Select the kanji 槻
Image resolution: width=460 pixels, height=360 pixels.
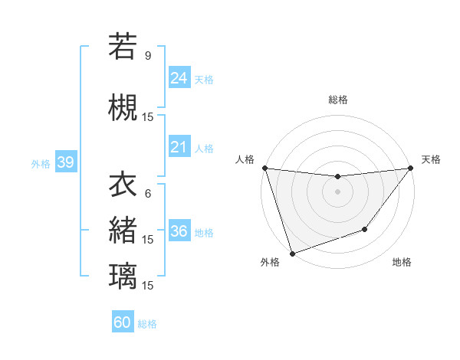[123, 107]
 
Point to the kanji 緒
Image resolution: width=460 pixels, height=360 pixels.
[123, 230]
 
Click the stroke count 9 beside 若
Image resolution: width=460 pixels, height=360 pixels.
[148, 55]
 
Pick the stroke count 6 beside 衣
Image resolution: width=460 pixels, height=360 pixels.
[148, 194]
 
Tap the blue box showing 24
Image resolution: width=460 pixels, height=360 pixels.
[179, 78]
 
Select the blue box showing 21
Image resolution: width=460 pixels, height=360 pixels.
[179, 147]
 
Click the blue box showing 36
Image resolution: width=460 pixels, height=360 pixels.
[179, 231]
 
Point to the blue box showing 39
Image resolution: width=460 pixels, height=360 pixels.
[65, 162]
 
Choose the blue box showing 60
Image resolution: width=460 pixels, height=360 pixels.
[123, 322]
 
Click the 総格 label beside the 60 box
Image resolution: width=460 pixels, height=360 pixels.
[148, 324]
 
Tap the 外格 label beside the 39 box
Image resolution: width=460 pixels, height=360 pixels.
[41, 163]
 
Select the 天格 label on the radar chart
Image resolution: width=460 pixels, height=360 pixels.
[431, 159]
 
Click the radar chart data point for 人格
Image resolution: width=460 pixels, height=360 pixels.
[264, 168]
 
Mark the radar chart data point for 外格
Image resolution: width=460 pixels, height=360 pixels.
[292, 253]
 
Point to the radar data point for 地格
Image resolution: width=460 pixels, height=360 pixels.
[366, 229]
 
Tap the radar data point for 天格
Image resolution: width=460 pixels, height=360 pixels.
[410, 168]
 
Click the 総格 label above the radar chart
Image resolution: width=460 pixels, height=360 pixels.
[337, 100]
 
